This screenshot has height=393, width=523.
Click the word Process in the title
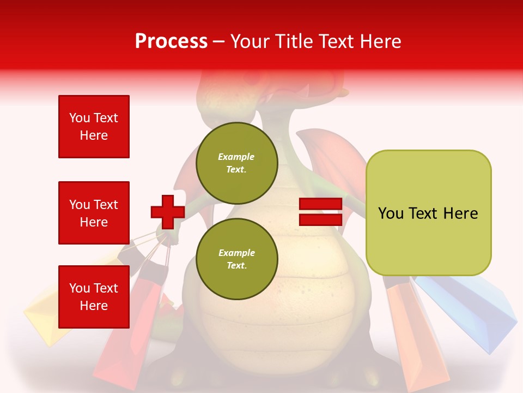(x=171, y=41)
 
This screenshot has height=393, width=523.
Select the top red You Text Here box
(x=94, y=127)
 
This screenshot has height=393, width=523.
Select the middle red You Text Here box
(x=94, y=213)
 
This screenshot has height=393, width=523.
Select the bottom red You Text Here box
(x=94, y=297)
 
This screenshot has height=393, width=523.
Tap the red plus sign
(x=168, y=212)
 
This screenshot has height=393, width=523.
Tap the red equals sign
(x=320, y=212)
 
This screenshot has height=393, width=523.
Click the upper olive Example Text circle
(x=236, y=163)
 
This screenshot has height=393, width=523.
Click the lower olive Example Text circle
(x=236, y=259)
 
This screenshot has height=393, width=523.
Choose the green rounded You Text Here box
(x=428, y=213)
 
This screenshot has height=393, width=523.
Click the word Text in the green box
(x=427, y=213)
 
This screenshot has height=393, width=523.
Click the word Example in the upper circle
(x=236, y=157)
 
